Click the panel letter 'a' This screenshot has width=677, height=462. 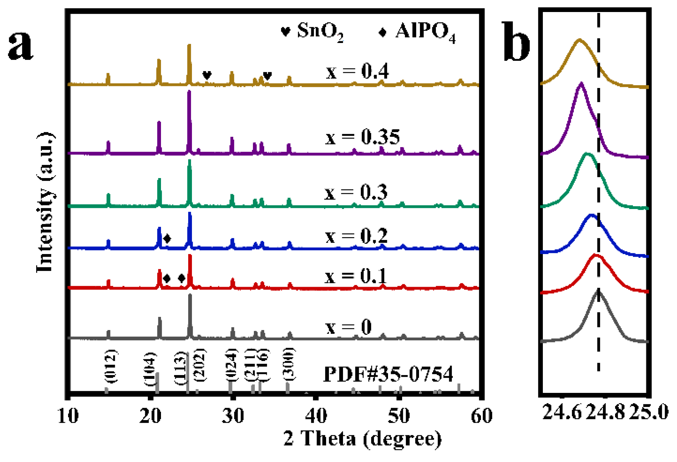21,45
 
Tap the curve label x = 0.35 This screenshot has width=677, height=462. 362,137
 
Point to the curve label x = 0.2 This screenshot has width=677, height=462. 356,236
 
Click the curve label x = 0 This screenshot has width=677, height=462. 348,327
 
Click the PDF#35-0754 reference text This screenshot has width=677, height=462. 388,374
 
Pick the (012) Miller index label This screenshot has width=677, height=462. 111,366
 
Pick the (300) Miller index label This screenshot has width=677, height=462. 289,364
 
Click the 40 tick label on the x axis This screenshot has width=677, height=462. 316,416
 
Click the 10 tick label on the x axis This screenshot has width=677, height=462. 68,416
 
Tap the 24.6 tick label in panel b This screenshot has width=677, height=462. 561,411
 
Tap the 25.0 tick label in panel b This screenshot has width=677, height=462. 649,411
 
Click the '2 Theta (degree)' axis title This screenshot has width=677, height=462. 363,439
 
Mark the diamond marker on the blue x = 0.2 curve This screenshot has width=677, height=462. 167,238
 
